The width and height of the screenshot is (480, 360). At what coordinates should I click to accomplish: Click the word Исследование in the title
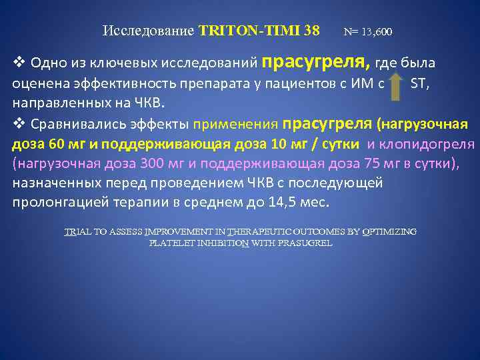pos(149,31)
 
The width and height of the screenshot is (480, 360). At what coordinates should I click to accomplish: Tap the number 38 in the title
pos(311,31)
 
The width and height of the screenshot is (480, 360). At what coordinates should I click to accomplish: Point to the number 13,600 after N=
pos(379,31)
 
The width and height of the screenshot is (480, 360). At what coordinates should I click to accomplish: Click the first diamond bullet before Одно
pos(18,63)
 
